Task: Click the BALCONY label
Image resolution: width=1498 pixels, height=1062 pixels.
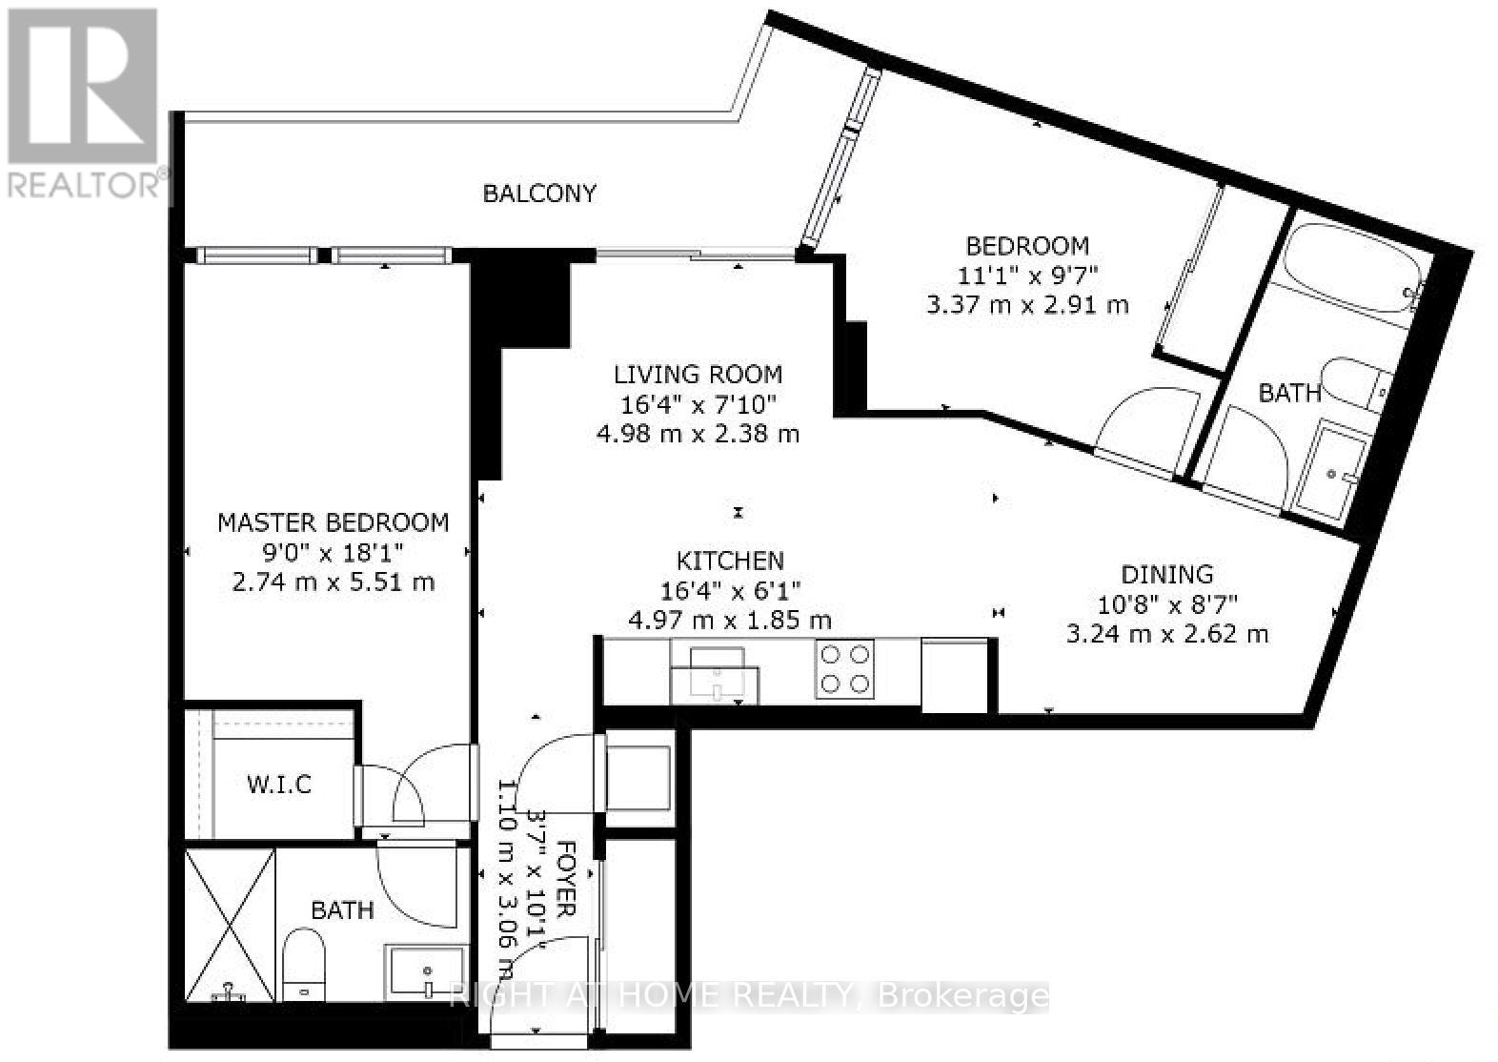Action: [539, 194]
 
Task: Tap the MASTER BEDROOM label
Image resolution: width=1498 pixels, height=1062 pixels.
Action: [333, 522]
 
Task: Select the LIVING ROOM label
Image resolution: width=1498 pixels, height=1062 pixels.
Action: [698, 375]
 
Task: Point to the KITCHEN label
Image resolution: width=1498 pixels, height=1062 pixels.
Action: [730, 561]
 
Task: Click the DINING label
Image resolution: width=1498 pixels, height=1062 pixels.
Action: [1167, 575]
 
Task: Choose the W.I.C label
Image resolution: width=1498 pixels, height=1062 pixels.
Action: [279, 785]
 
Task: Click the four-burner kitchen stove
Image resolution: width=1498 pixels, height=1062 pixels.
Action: [844, 668]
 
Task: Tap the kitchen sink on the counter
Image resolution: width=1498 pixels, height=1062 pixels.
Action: [715, 675]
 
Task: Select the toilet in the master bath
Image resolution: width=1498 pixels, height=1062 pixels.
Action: [304, 965]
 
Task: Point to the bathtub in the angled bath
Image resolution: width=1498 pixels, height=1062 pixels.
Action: [1351, 269]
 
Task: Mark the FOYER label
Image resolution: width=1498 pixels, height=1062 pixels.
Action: [566, 879]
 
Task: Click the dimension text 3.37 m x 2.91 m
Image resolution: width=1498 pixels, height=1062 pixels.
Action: [1028, 305]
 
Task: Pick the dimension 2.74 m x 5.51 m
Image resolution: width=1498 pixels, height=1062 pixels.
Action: [333, 582]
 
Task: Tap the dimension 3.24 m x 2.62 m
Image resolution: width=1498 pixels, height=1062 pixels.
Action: [1167, 634]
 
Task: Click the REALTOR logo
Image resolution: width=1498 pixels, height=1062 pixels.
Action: [85, 104]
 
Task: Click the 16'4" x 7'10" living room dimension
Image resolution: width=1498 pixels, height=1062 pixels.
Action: [698, 404]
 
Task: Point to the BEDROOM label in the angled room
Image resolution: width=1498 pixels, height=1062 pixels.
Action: [1028, 246]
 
